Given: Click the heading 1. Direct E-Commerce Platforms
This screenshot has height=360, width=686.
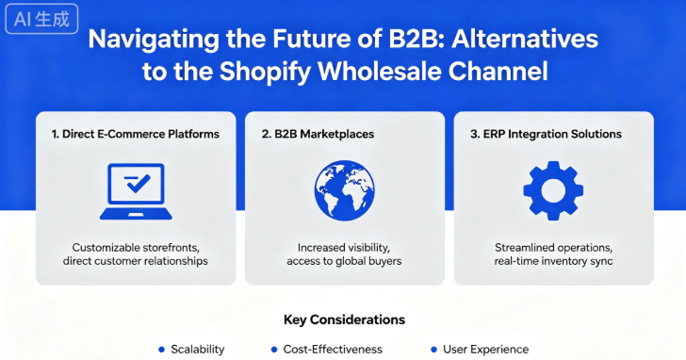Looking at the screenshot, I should (x=135, y=134).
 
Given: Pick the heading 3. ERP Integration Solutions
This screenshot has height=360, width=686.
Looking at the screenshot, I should (x=546, y=134).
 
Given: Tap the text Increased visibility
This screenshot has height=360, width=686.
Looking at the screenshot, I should (x=344, y=247).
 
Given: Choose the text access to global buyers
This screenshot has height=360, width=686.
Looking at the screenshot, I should (x=344, y=261).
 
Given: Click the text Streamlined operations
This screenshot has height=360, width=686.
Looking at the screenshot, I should (x=553, y=247).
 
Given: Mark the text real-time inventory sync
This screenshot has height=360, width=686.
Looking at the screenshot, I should (x=553, y=261).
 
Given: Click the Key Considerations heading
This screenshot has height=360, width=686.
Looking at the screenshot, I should (x=343, y=319).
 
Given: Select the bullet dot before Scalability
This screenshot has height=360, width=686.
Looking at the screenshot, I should (x=162, y=349).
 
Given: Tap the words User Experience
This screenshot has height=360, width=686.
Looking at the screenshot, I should (x=486, y=349).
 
